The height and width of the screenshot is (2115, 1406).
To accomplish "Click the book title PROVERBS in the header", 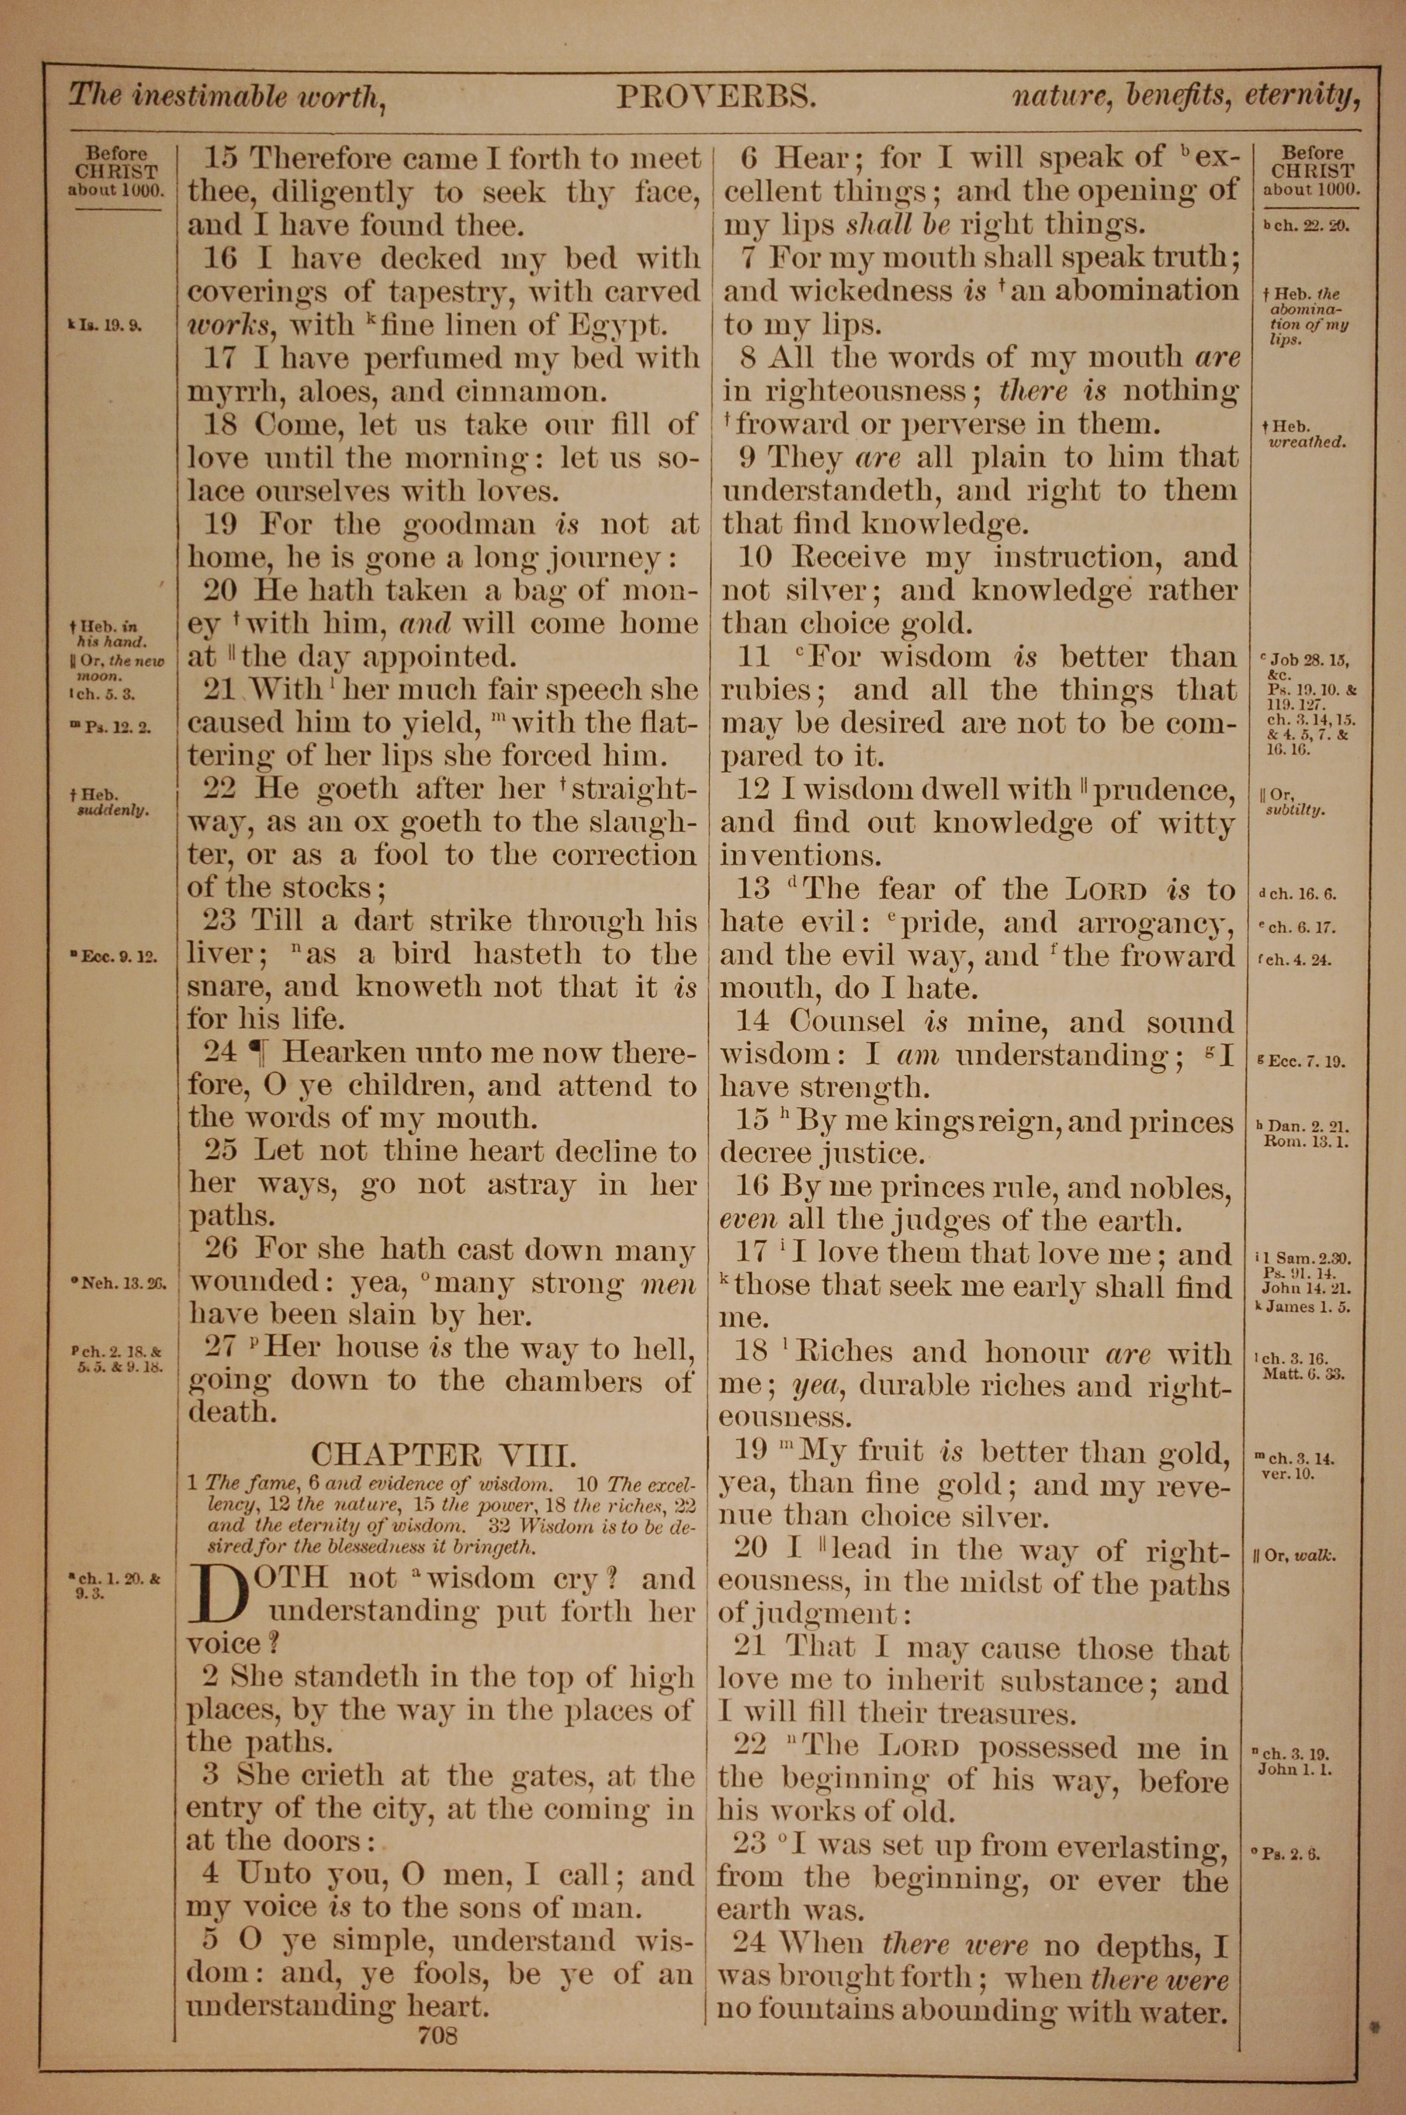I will click(x=716, y=96).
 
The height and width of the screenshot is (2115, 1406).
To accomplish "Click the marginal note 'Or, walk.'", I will click(x=1294, y=1555).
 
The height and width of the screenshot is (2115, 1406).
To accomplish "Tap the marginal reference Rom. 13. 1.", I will click(x=1305, y=1142).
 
